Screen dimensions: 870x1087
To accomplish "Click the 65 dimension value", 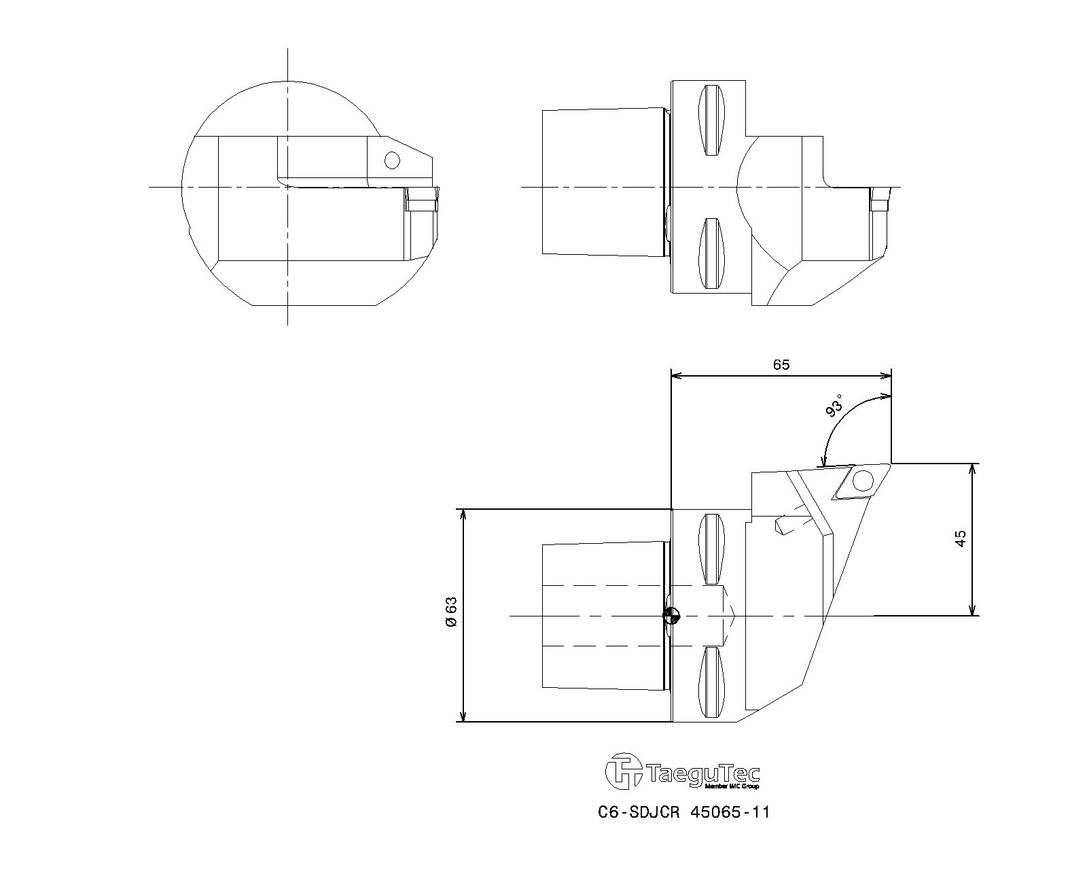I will coord(781,364).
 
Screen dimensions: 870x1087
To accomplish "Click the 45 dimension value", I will coord(961,538).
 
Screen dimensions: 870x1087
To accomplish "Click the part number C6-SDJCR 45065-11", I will coord(684,812).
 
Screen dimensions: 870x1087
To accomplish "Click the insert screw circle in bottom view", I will coord(862,481).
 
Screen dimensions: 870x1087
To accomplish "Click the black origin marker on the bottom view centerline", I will coord(671,616).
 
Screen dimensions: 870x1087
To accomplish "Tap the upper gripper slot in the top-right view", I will coord(711,120).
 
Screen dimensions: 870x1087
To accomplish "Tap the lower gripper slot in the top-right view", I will coord(711,252).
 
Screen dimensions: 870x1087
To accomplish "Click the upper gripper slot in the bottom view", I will coord(711,549).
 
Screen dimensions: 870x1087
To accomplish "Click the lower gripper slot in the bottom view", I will coord(711,682).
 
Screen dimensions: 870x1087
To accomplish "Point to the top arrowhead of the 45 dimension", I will coord(973,469).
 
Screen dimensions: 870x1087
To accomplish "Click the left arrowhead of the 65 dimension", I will coord(676,375).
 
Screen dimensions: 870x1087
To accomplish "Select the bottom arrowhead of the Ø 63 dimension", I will coord(463,716).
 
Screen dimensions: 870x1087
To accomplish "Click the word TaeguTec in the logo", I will coord(703,773).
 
